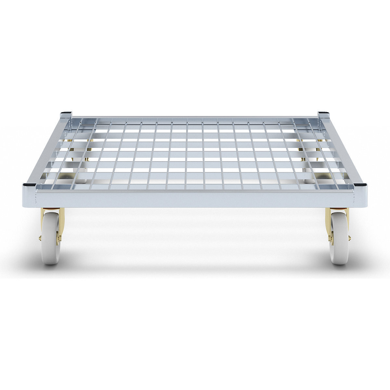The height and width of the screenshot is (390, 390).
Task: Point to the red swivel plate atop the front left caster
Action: tap(52, 209)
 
